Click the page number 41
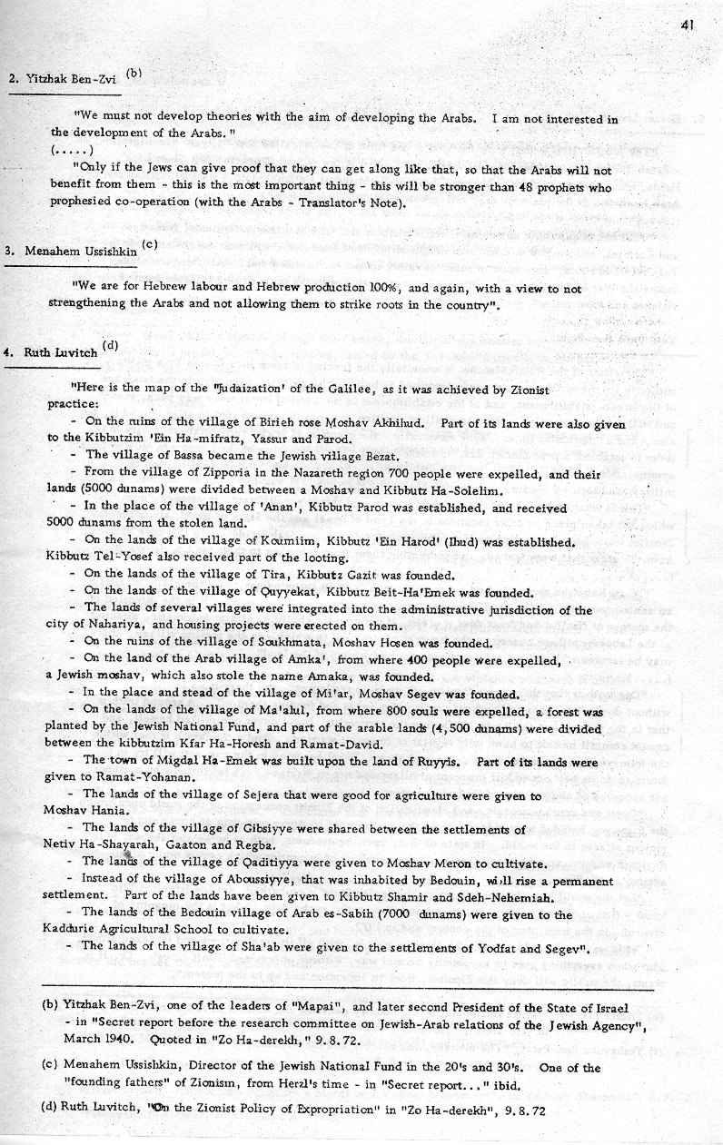tap(687, 25)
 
